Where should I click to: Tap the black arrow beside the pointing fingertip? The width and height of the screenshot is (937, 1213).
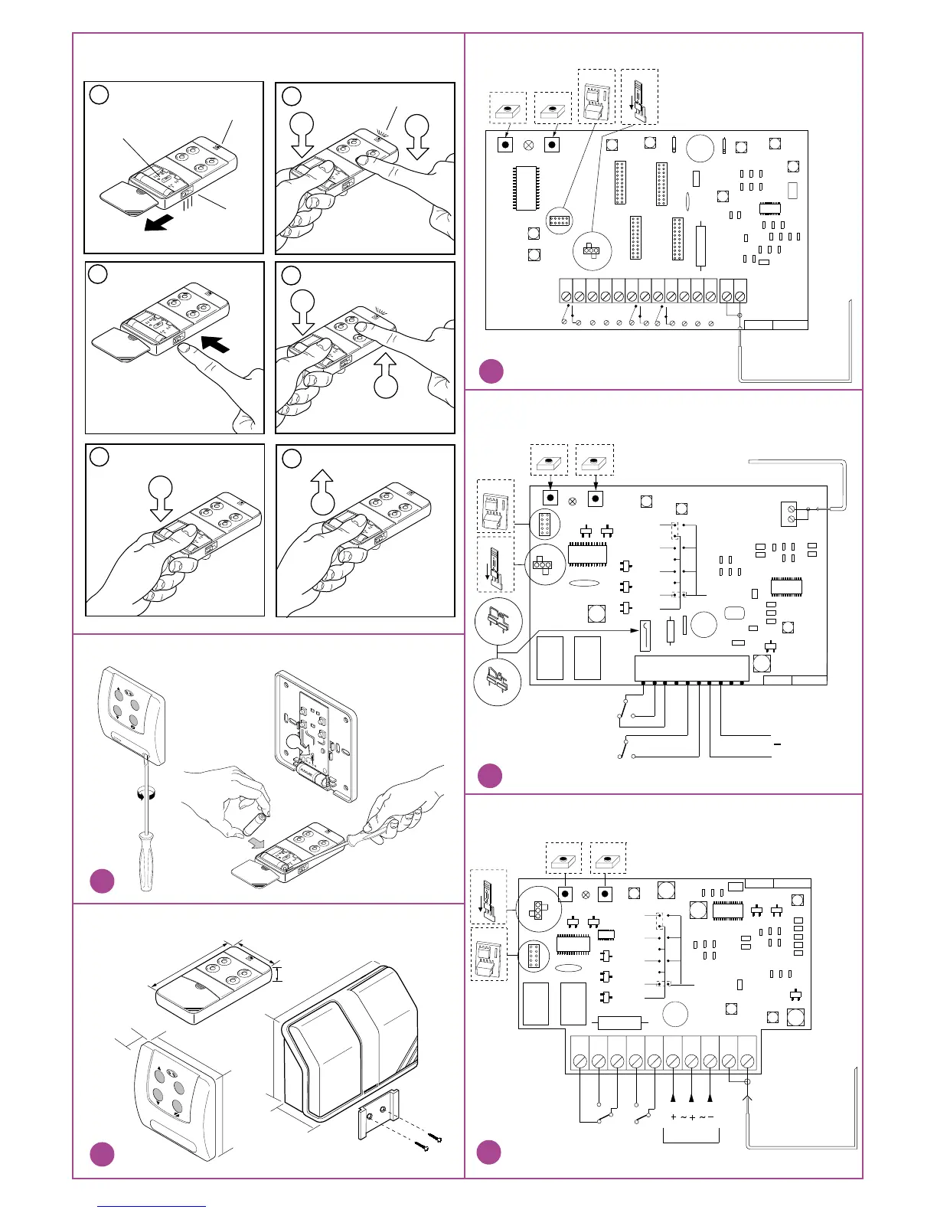(215, 343)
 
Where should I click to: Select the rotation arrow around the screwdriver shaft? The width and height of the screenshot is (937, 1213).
(142, 794)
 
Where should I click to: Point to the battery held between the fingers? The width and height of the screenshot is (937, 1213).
(252, 822)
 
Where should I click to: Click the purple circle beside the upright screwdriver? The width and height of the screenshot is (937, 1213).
(102, 881)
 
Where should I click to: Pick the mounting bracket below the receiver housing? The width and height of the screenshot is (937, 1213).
(378, 1111)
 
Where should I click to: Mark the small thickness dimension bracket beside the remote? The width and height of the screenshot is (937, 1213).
(278, 973)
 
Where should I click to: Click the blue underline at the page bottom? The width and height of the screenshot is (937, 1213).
(152, 1207)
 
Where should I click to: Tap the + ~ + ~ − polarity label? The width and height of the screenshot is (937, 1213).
(691, 1117)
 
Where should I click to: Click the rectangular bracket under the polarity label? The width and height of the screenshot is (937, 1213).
(691, 1136)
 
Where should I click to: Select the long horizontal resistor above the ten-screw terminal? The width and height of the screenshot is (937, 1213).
(619, 1022)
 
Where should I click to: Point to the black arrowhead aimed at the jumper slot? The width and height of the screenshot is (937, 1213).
(635, 630)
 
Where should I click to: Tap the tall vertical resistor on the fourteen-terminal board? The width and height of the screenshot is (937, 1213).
(700, 244)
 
